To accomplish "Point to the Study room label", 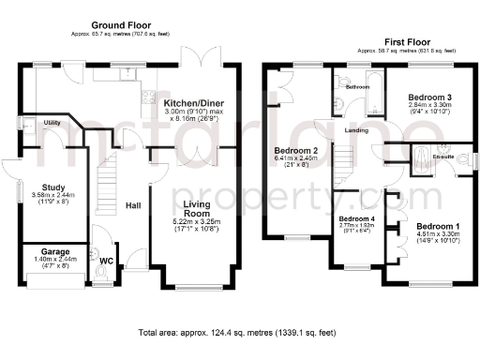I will tap(39, 187).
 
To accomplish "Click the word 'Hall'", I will tap(133, 206).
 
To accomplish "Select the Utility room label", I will tap(52, 123).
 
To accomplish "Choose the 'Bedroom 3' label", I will tap(430, 97).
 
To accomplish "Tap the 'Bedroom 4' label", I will tap(357, 218).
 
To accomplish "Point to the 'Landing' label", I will tap(356, 130).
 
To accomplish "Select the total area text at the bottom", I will tap(236, 333).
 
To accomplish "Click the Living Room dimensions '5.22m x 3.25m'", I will tap(195, 221).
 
